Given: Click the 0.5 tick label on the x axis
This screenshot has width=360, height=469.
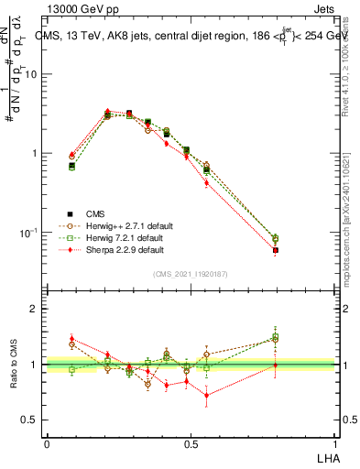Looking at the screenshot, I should pyautogui.click(x=191, y=443).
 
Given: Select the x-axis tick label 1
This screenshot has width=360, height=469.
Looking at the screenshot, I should pyautogui.click(x=335, y=443).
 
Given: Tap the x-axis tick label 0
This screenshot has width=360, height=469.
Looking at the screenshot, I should pyautogui.click(x=47, y=443).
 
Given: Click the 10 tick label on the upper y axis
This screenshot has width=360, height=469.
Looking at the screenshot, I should pyautogui.click(x=31, y=75).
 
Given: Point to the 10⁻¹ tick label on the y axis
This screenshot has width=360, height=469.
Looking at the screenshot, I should pyautogui.click(x=28, y=233).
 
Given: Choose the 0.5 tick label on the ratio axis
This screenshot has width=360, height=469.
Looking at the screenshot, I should pyautogui.click(x=30, y=420).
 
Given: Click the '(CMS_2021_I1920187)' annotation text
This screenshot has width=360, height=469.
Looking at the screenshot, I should pyautogui.click(x=191, y=274).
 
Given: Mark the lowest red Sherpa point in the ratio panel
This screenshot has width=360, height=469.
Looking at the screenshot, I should pyautogui.click(x=206, y=396).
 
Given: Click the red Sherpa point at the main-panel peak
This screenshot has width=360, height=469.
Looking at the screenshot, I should pyautogui.click(x=108, y=112).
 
